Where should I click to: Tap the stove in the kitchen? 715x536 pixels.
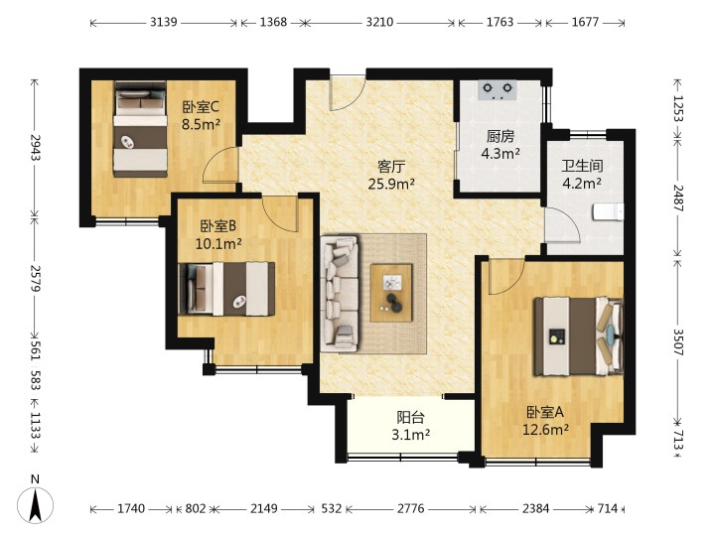tap(498, 89)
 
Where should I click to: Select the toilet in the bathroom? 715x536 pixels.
tap(608, 212)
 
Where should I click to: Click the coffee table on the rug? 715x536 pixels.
tap(391, 293)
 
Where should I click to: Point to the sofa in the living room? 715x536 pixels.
tap(339, 294)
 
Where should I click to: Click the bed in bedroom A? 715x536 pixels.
tap(579, 336)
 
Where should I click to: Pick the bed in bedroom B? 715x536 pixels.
tap(226, 289)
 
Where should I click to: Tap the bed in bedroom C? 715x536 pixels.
tap(140, 129)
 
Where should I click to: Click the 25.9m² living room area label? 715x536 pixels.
tap(391, 185)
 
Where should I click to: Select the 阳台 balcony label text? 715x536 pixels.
tap(410, 417)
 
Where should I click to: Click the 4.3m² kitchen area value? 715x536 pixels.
tap(500, 154)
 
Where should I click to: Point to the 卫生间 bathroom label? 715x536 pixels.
tap(582, 166)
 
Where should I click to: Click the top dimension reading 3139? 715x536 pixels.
tap(163, 22)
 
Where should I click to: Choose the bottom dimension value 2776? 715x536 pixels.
tap(410, 508)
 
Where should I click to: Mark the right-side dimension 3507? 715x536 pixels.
tap(678, 341)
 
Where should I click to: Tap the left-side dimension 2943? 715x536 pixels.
tap(35, 148)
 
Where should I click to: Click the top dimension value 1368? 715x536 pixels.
tap(273, 22)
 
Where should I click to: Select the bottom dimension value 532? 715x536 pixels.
tap(331, 508)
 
